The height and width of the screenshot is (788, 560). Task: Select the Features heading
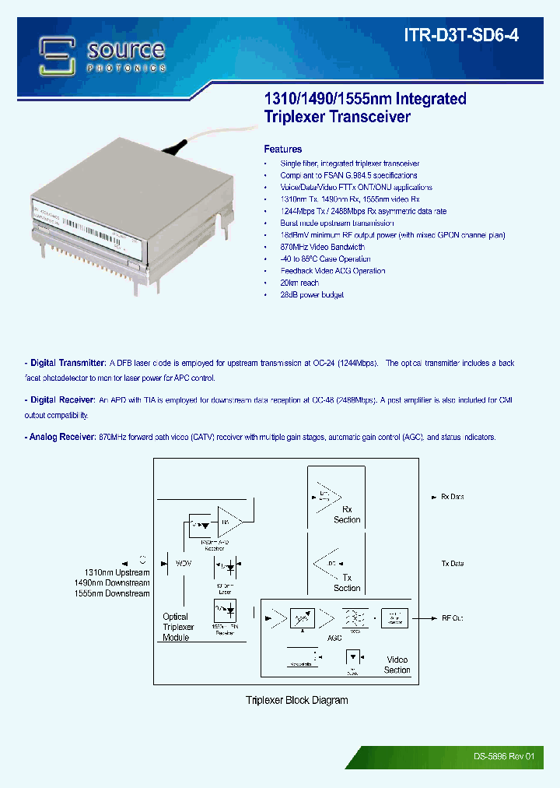283,149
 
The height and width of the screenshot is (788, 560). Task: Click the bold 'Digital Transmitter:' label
68,364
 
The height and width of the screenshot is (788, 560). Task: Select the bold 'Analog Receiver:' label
63,438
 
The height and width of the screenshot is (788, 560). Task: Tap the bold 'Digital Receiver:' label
62,400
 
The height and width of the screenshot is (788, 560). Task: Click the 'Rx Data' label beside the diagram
452,497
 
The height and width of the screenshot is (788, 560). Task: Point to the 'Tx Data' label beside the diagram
452,563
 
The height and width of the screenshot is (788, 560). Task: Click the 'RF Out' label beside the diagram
452,618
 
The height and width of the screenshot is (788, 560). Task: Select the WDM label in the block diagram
183,561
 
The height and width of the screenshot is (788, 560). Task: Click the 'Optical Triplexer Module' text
178,627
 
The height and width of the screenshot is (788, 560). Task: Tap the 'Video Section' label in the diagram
397,664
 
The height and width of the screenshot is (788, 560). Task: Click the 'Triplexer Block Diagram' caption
296,700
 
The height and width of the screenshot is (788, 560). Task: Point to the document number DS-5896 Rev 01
504,756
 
